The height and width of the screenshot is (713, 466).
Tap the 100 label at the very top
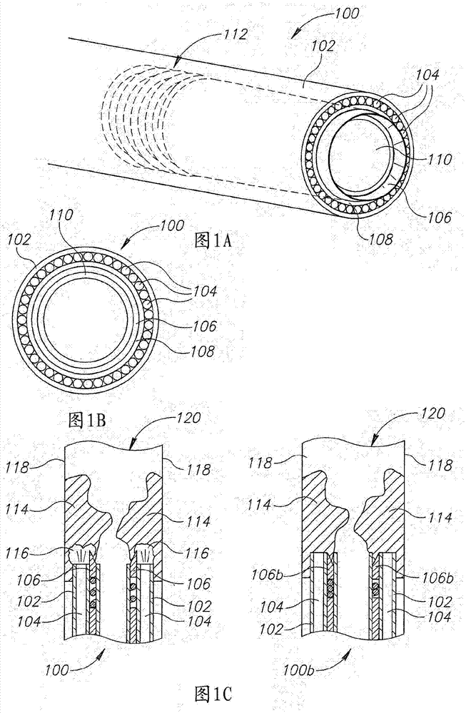pos(345,14)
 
